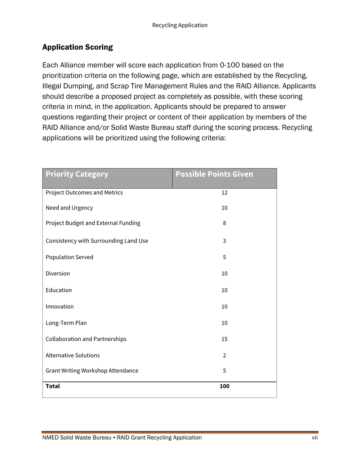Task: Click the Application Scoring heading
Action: tap(77, 47)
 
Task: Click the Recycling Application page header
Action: tap(180, 25)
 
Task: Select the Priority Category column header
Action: tap(77, 174)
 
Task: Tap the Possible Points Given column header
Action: tap(214, 174)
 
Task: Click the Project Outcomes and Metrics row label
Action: tap(84, 193)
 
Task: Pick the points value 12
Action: tap(224, 193)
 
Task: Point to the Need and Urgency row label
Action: tap(69, 208)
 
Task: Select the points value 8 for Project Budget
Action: tap(224, 223)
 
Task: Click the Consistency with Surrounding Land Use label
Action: tap(97, 241)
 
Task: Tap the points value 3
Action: tap(224, 241)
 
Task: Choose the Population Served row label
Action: tap(69, 257)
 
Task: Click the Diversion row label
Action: tap(58, 274)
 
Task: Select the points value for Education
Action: tap(224, 290)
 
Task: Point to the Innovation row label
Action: tap(59, 306)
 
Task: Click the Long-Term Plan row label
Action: tap(66, 323)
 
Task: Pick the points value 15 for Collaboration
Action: tap(224, 339)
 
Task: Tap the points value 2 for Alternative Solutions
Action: tap(224, 355)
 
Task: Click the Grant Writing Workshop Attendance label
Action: tap(92, 371)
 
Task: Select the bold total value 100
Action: tap(224, 386)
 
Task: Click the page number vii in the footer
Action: tap(315, 438)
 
